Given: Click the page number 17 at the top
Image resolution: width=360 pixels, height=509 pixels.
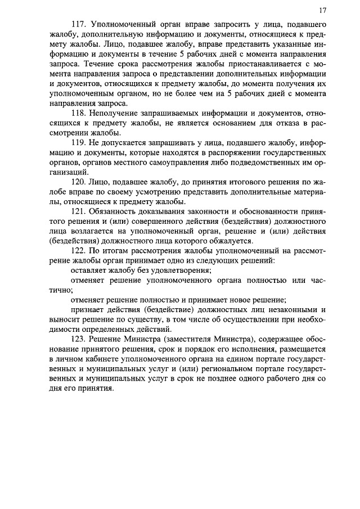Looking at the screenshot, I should tap(322, 10).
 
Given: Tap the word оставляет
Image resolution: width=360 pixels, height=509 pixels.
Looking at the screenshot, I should tap(86, 269).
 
